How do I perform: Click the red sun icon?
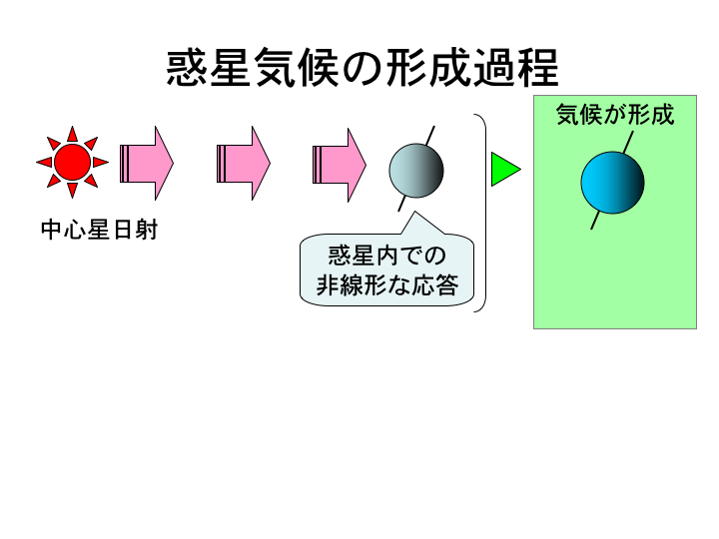click(72, 162)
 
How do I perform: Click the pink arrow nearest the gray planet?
click(339, 163)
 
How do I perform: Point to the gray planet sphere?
click(415, 169)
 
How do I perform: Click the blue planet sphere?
click(612, 183)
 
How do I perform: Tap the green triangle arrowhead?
click(504, 170)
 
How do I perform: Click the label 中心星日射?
click(99, 231)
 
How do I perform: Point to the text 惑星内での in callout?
click(387, 256)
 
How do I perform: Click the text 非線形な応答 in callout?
click(387, 286)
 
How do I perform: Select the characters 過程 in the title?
click(516, 68)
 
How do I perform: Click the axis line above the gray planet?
click(429, 136)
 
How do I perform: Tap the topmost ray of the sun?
click(72, 134)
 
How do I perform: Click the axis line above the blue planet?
click(628, 141)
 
